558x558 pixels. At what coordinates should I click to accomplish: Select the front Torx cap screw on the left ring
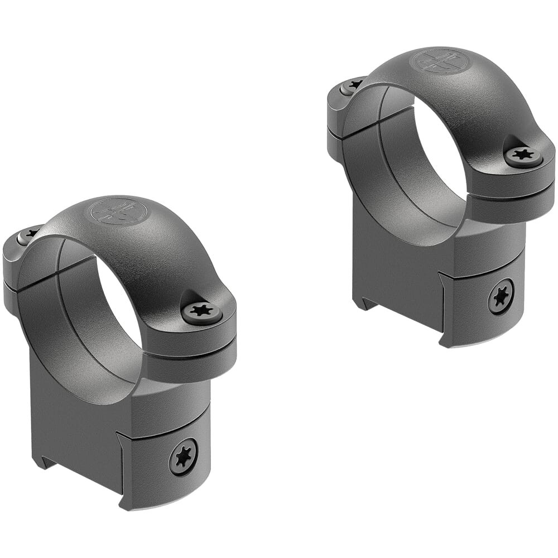pyautogui.click(x=201, y=311)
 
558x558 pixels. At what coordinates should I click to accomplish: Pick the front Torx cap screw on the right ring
pyautogui.click(x=523, y=156)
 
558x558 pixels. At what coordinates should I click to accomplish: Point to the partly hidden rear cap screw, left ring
pyautogui.click(x=27, y=234)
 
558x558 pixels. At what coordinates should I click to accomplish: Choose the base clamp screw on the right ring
pyautogui.click(x=501, y=296)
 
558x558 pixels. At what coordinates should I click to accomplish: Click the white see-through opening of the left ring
pyautogui.click(x=120, y=301)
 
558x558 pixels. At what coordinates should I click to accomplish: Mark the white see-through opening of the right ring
pyautogui.click(x=441, y=148)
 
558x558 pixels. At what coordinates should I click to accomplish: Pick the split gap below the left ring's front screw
pyautogui.click(x=190, y=352)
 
